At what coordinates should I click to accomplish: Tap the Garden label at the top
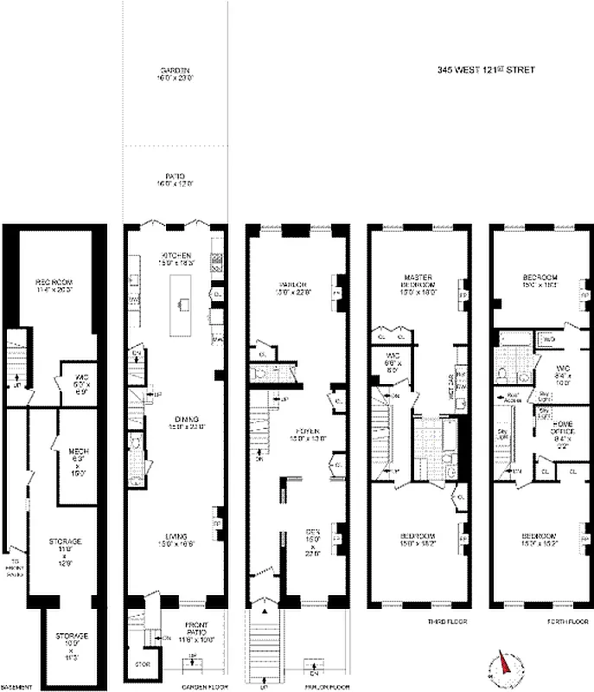[176, 74]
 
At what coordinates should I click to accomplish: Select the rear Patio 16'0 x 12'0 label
[176, 179]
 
